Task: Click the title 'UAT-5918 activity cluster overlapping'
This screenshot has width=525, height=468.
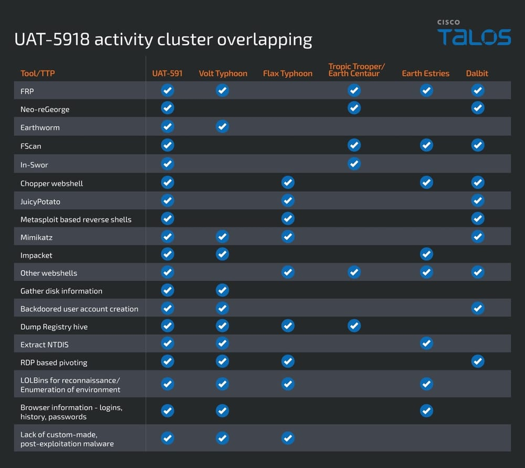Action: [x=163, y=39]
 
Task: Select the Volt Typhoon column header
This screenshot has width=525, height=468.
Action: [x=223, y=74]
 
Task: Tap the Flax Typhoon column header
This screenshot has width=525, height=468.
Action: [x=287, y=74]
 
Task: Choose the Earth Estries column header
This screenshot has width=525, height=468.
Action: [x=425, y=74]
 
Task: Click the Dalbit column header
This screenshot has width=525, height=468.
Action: [x=477, y=74]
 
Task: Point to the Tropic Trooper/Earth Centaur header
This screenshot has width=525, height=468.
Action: [x=356, y=70]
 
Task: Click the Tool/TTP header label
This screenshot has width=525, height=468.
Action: [x=37, y=74]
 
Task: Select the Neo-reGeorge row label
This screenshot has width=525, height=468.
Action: [x=45, y=109]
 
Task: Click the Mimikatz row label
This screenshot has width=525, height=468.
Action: [x=36, y=237]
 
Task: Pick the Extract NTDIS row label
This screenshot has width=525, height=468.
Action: [x=44, y=345]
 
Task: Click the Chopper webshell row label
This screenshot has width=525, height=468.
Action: [x=51, y=183]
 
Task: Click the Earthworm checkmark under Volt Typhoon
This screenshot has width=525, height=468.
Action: [x=223, y=127]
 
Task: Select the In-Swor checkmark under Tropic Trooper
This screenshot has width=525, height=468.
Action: [x=354, y=164]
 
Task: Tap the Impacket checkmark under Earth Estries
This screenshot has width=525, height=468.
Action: [x=426, y=255]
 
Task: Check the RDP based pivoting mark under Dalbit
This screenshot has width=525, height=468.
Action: [x=477, y=361]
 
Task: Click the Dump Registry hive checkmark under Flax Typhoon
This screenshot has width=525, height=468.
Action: [x=288, y=326]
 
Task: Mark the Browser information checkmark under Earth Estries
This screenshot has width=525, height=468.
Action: [x=426, y=411]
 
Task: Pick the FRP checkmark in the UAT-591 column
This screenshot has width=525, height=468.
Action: [x=167, y=90]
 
